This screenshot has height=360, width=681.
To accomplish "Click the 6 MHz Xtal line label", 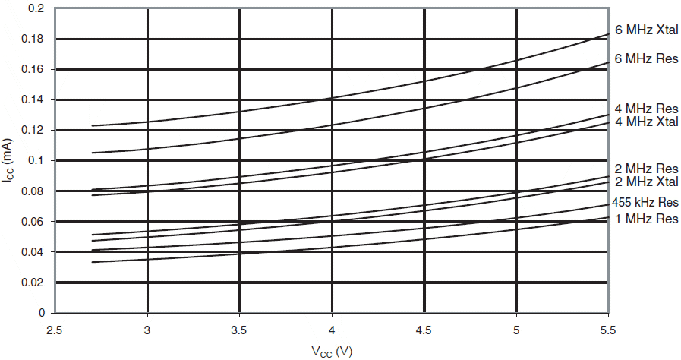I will tap(646, 30).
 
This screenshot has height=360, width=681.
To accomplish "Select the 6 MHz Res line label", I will tap(646, 59).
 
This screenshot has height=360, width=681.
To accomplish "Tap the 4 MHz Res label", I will tap(646, 109).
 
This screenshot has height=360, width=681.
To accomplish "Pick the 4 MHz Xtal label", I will tap(646, 122).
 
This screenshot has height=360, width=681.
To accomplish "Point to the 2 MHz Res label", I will tap(646, 169).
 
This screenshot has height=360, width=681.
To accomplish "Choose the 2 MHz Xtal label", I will tap(646, 182).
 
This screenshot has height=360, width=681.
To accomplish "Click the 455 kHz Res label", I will tap(645, 204).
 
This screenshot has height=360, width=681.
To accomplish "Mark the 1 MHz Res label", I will tap(646, 219).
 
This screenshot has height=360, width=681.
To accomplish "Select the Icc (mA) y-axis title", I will tap(9, 160).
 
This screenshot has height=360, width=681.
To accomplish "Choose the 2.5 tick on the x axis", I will tap(55, 331).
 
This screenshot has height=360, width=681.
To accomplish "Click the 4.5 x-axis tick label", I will tap(424, 331).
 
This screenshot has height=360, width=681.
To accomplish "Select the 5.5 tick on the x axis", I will tap(608, 331).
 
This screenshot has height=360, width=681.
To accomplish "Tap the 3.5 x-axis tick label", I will tap(239, 331).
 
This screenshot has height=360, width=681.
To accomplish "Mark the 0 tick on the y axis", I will tap(43, 313).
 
